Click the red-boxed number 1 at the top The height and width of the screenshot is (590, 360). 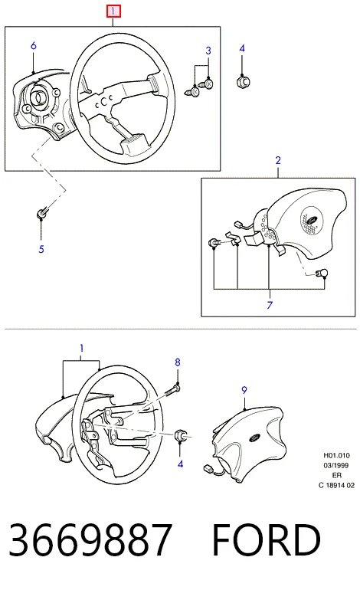pyautogui.click(x=113, y=11)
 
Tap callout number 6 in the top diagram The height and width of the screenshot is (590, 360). pyautogui.click(x=34, y=46)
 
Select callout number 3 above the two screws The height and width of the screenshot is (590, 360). pyautogui.click(x=208, y=51)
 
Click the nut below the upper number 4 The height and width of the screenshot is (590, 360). pyautogui.click(x=243, y=81)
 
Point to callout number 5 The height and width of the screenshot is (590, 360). pyautogui.click(x=41, y=249)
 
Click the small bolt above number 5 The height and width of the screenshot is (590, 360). pyautogui.click(x=41, y=213)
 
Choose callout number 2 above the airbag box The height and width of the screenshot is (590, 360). pyautogui.click(x=278, y=160)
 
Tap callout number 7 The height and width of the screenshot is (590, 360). pyautogui.click(x=270, y=305)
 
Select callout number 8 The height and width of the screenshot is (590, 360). pyautogui.click(x=178, y=362)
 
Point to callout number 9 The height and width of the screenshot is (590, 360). pyautogui.click(x=244, y=390)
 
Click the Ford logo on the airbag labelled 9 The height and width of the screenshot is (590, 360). pyautogui.click(x=254, y=438)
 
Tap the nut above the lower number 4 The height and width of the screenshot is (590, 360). pyautogui.click(x=181, y=435)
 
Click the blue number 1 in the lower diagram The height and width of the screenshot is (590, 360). pyautogui.click(x=82, y=349)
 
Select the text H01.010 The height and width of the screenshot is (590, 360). pyautogui.click(x=337, y=455)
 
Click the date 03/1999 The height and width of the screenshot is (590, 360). pyautogui.click(x=336, y=465)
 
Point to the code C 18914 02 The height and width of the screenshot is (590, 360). pyautogui.click(x=337, y=485)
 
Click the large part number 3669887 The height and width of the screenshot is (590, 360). pyautogui.click(x=90, y=540)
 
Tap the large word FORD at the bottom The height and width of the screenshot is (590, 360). pyautogui.click(x=267, y=540)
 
